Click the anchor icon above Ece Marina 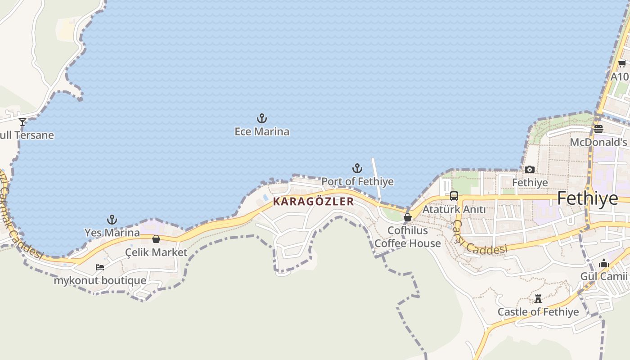[262, 119]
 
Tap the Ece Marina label [262, 132]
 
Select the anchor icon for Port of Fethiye [357, 169]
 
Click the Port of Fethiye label [357, 181]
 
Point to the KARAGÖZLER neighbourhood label [314, 202]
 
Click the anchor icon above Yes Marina [112, 220]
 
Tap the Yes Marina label [112, 233]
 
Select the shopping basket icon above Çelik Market [156, 239]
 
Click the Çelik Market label [156, 252]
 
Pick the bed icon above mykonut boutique [100, 267]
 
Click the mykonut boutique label [100, 280]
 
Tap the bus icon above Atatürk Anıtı [454, 196]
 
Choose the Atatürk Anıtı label [454, 209]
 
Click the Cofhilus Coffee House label [408, 237]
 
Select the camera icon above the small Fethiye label [530, 170]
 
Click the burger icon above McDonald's [598, 129]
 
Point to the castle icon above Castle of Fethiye [538, 299]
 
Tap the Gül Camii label [604, 276]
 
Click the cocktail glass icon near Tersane [22, 122]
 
